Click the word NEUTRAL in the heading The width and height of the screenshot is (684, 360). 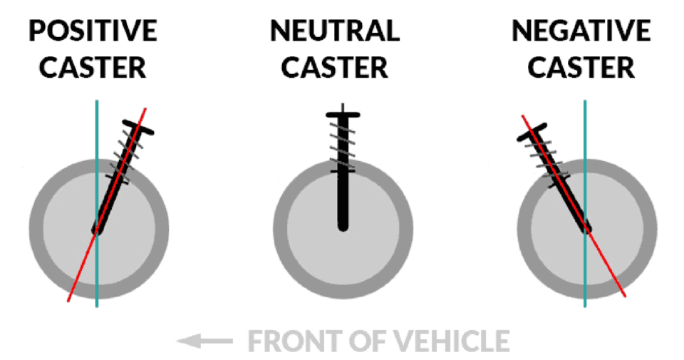(335, 32)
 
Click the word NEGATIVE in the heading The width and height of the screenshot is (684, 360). (581, 32)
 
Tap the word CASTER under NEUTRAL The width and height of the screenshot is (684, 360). (335, 67)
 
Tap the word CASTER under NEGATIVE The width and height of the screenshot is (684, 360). (581, 67)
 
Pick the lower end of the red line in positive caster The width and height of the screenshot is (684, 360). (69, 299)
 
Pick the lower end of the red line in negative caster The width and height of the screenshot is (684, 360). (624, 294)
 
